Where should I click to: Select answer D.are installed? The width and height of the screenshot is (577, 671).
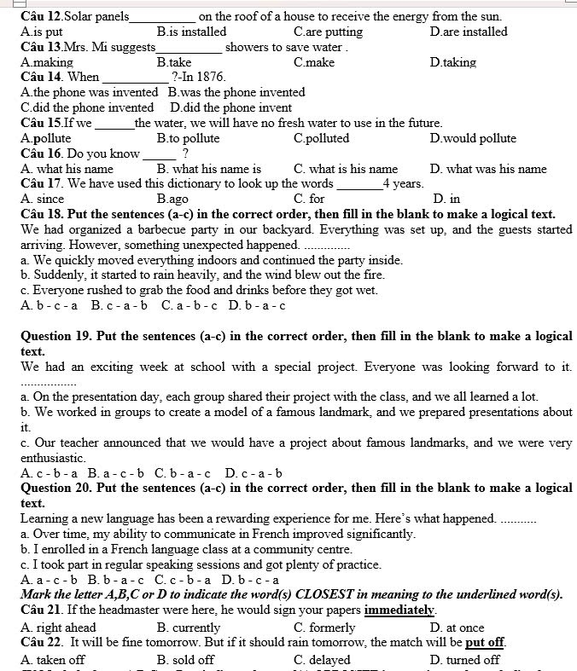[469, 32]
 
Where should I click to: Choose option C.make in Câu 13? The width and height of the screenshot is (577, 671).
[314, 62]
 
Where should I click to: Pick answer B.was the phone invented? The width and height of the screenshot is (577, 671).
[236, 92]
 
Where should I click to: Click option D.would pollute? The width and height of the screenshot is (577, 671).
[473, 138]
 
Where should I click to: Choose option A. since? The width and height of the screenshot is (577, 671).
[43, 200]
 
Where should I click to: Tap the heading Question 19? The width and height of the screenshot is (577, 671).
[55, 336]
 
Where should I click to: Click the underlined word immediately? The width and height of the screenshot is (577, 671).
[400, 610]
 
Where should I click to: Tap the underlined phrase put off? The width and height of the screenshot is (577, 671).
[485, 642]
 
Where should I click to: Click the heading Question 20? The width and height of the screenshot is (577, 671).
[55, 489]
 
